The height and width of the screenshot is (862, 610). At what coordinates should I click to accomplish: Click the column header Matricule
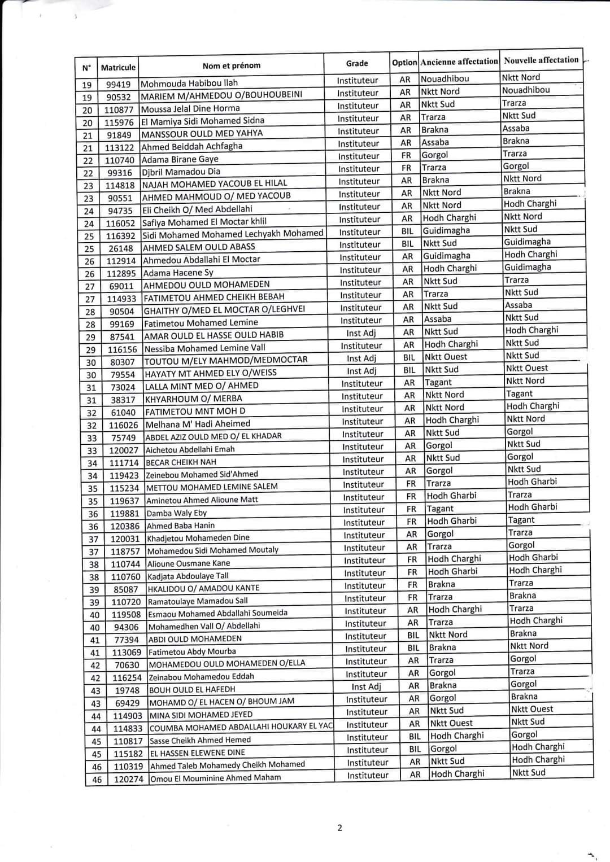point(118,67)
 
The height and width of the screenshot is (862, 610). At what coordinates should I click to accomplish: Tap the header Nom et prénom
point(232,65)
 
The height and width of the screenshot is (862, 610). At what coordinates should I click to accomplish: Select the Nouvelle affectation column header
point(541,60)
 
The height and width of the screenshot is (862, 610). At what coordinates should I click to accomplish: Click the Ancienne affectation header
point(459,62)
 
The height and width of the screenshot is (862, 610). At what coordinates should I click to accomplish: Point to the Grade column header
point(357,63)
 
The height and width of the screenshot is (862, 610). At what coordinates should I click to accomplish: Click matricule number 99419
point(118,85)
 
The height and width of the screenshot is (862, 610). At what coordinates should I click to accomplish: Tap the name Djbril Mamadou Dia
point(181,172)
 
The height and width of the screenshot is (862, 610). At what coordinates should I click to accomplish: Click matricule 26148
point(121,248)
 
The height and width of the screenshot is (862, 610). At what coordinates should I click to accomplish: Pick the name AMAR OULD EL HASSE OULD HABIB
point(214,335)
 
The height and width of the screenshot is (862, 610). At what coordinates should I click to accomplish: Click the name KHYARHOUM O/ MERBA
point(194,399)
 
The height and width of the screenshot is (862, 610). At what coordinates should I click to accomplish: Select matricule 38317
point(123,400)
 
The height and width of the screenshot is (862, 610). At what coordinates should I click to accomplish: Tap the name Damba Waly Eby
point(177,513)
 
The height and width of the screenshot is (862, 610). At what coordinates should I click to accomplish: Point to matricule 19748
point(128,690)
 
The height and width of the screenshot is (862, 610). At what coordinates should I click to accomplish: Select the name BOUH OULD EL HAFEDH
point(192,689)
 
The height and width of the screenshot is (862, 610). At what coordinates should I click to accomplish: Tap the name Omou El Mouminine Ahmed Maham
point(216,777)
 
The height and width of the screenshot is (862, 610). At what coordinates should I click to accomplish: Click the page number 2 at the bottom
point(339,828)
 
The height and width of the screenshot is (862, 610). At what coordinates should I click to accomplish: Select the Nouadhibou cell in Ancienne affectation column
point(445,78)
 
